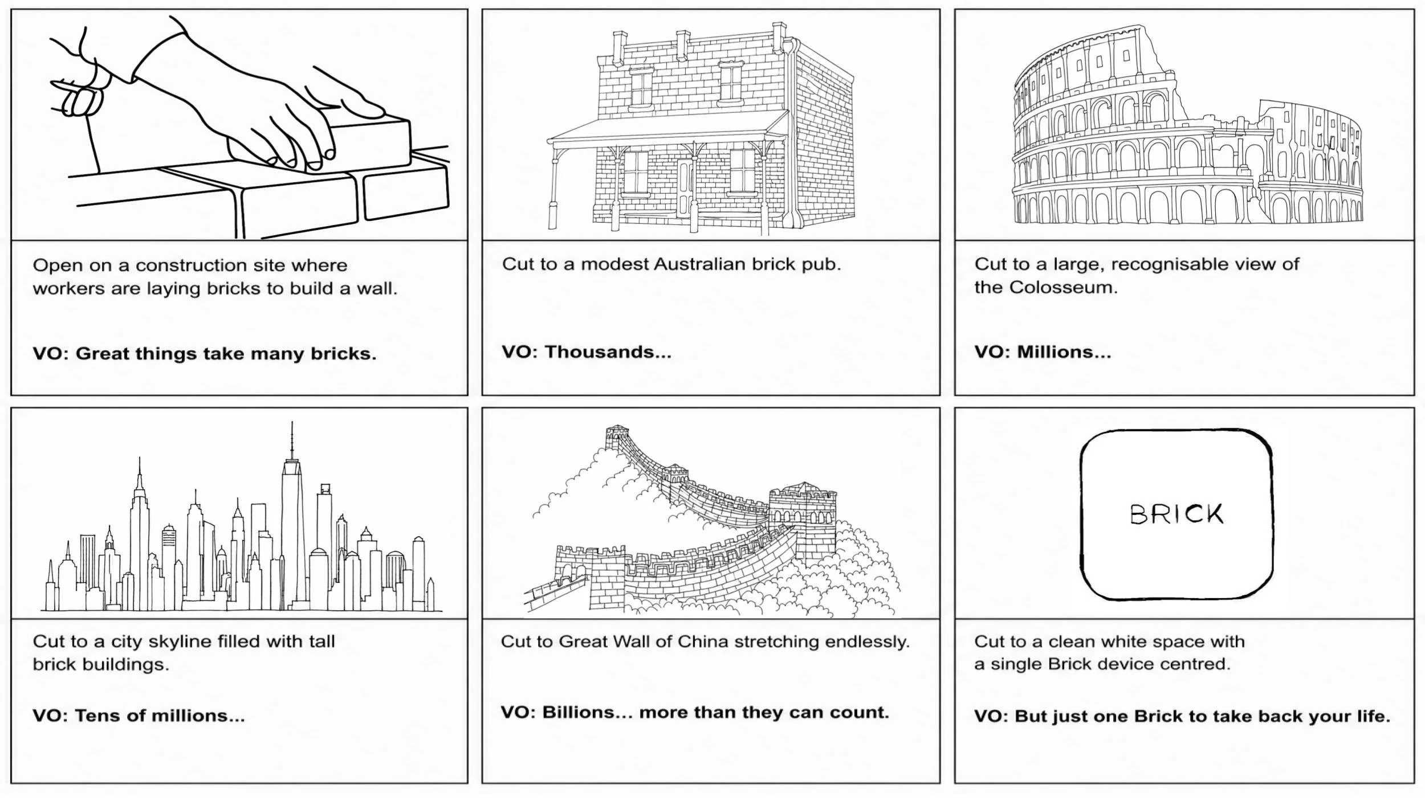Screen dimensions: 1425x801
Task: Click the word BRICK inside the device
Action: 1176,514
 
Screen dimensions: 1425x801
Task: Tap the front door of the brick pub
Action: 684,188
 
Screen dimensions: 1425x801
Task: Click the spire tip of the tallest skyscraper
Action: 292,422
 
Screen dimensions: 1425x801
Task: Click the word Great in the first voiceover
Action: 100,353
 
